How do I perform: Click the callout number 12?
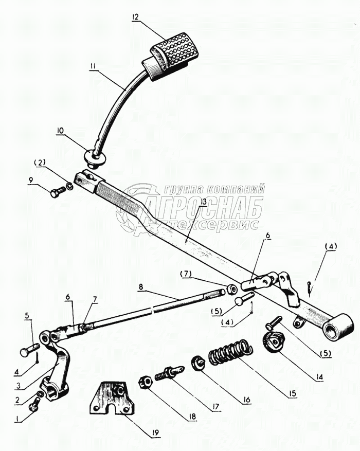(x=135, y=17)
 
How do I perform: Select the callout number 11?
(x=93, y=65)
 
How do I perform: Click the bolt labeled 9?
(x=56, y=193)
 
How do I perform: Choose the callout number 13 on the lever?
(x=204, y=203)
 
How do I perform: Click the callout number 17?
(x=214, y=407)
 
